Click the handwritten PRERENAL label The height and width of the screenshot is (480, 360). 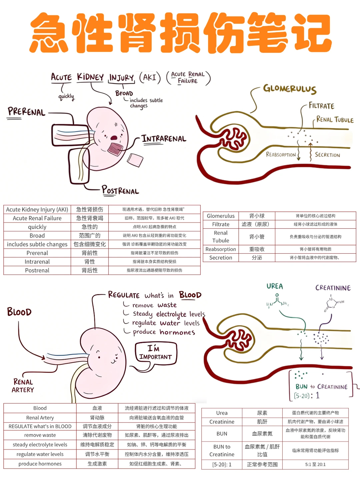tap(26, 112)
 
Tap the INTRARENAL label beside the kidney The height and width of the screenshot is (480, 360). tap(164, 139)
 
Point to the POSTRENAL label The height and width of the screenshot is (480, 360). tap(120, 190)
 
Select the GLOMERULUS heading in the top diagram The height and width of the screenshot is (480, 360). tap(290, 89)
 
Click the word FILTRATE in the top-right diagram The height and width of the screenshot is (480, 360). tap(321, 106)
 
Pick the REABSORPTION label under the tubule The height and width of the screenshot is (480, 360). tap(281, 155)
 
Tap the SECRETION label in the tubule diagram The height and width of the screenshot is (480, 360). tap(327, 155)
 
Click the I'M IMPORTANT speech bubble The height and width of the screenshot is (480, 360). tap(156, 353)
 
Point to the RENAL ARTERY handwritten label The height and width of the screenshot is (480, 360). tap(23, 386)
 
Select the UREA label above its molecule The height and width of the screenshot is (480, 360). tap(275, 286)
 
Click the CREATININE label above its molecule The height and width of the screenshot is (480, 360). tap(333, 288)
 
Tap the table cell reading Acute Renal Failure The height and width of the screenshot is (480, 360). tap(37, 218)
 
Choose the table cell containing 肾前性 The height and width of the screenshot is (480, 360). tap(90, 253)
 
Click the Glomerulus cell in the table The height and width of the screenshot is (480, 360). tap(221, 216)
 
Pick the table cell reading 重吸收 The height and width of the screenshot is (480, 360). tap(257, 249)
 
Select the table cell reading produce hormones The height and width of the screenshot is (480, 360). tap(40, 464)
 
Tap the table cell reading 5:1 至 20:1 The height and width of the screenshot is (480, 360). tap(315, 464)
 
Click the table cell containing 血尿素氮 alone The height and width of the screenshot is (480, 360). tap(262, 434)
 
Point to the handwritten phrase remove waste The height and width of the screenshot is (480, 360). tap(154, 305)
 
